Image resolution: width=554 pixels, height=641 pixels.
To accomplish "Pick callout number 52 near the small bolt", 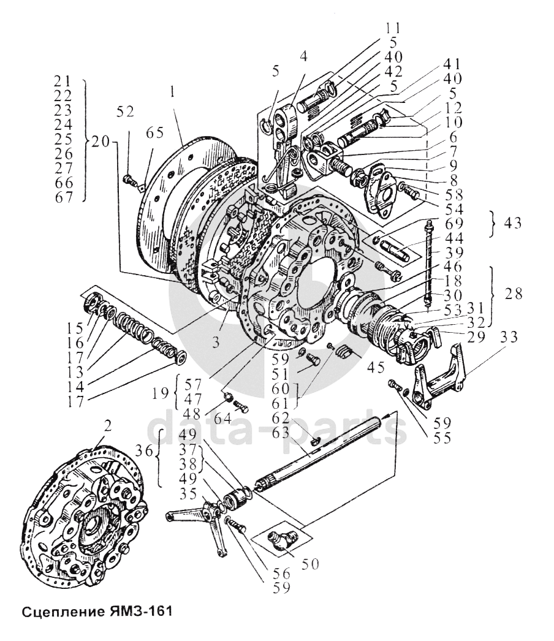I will coord(126,113).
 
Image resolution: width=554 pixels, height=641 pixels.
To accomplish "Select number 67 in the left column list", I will coord(63,197).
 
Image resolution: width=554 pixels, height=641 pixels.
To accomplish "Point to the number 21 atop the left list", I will coord(63,81).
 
